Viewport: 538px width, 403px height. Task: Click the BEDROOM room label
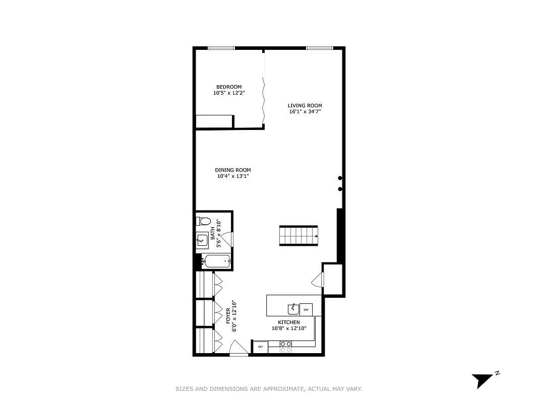pyautogui.click(x=229, y=87)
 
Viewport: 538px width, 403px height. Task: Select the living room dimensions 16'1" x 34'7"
pyautogui.click(x=305, y=112)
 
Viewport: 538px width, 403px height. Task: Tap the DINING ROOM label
pyautogui.click(x=232, y=170)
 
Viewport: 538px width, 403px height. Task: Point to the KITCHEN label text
pyautogui.click(x=289, y=322)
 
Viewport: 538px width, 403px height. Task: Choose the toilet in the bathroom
pyautogui.click(x=203, y=221)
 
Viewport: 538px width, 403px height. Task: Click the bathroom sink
pyautogui.click(x=202, y=240)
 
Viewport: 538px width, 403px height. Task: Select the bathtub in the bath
pyautogui.click(x=216, y=261)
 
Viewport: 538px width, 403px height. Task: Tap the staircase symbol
pyautogui.click(x=299, y=236)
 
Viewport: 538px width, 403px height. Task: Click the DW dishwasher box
pyautogui.click(x=306, y=309)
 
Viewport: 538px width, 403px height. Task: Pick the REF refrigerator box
pyautogui.click(x=261, y=347)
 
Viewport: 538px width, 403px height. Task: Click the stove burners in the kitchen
pyautogui.click(x=286, y=346)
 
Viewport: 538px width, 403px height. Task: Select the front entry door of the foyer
pyautogui.click(x=238, y=349)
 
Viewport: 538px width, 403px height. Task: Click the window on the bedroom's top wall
pyautogui.click(x=221, y=48)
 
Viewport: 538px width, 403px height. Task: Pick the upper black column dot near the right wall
pyautogui.click(x=340, y=178)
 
